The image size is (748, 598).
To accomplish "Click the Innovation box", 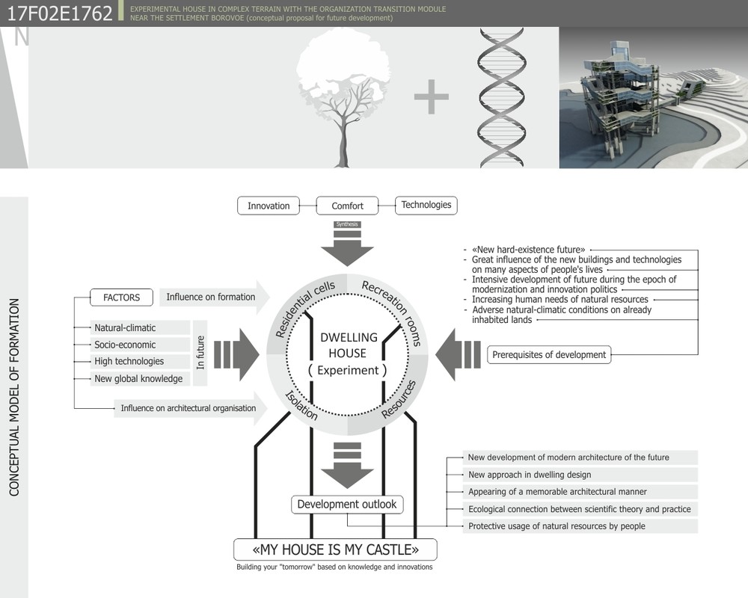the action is click(269, 206).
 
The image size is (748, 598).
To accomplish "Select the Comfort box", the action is click(347, 206).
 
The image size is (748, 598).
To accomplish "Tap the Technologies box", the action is click(426, 205).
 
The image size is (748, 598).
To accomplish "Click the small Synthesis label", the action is click(347, 224).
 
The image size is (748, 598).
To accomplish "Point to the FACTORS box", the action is click(122, 297).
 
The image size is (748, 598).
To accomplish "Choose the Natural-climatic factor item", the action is click(140, 327).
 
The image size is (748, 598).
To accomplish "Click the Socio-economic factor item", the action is click(140, 345).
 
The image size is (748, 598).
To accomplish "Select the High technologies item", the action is click(140, 361).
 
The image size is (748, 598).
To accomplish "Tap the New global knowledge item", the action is click(140, 379).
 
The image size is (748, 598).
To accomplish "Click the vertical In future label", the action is click(200, 352).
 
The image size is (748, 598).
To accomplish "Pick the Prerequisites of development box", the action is click(549, 355).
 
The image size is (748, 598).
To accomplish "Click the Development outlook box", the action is click(347, 505).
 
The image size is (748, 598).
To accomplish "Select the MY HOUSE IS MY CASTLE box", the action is click(335, 550).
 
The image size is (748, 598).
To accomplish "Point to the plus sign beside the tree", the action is click(432, 97).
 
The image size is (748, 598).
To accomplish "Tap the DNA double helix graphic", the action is click(502, 97).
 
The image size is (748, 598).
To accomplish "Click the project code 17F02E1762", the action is click(60, 13).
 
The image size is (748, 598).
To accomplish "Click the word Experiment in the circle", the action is click(348, 370).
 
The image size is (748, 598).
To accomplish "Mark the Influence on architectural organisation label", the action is click(188, 408).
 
